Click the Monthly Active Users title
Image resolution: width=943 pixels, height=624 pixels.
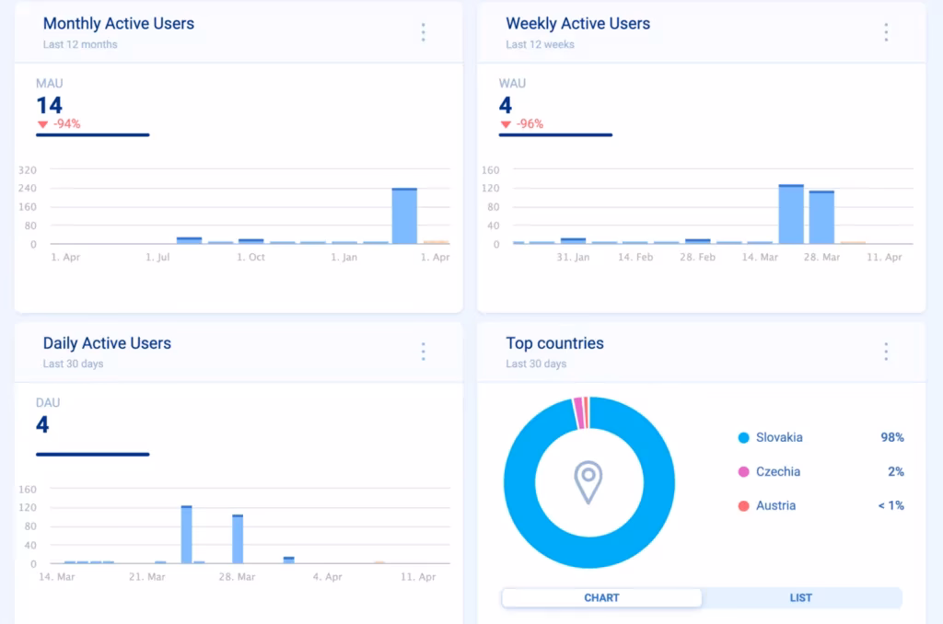tap(119, 24)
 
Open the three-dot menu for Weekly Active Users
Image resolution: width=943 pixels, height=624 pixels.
tap(886, 33)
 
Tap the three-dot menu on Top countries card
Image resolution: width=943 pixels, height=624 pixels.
tap(886, 352)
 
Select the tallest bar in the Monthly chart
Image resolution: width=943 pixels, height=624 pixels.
tap(404, 216)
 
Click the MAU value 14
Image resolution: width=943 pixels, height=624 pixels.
tap(50, 105)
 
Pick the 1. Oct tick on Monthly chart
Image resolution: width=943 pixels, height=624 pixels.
tap(250, 258)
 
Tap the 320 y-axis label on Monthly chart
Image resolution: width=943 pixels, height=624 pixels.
tap(27, 170)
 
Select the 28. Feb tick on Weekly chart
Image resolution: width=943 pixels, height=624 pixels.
tap(697, 258)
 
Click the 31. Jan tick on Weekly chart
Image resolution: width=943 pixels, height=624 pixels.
tap(573, 258)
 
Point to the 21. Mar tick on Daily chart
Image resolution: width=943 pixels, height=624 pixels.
tap(147, 577)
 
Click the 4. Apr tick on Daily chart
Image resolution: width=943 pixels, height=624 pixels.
tap(327, 577)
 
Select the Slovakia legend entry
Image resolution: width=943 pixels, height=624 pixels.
tap(778, 437)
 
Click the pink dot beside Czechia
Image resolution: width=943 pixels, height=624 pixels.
tap(743, 471)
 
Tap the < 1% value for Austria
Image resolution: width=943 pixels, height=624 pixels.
tap(890, 505)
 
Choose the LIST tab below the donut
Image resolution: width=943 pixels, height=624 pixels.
tap(800, 598)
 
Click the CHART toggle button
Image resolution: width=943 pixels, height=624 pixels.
tap(601, 598)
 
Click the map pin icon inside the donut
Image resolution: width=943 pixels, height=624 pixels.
tap(588, 482)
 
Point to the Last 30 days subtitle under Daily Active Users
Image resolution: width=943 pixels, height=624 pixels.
tap(73, 364)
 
